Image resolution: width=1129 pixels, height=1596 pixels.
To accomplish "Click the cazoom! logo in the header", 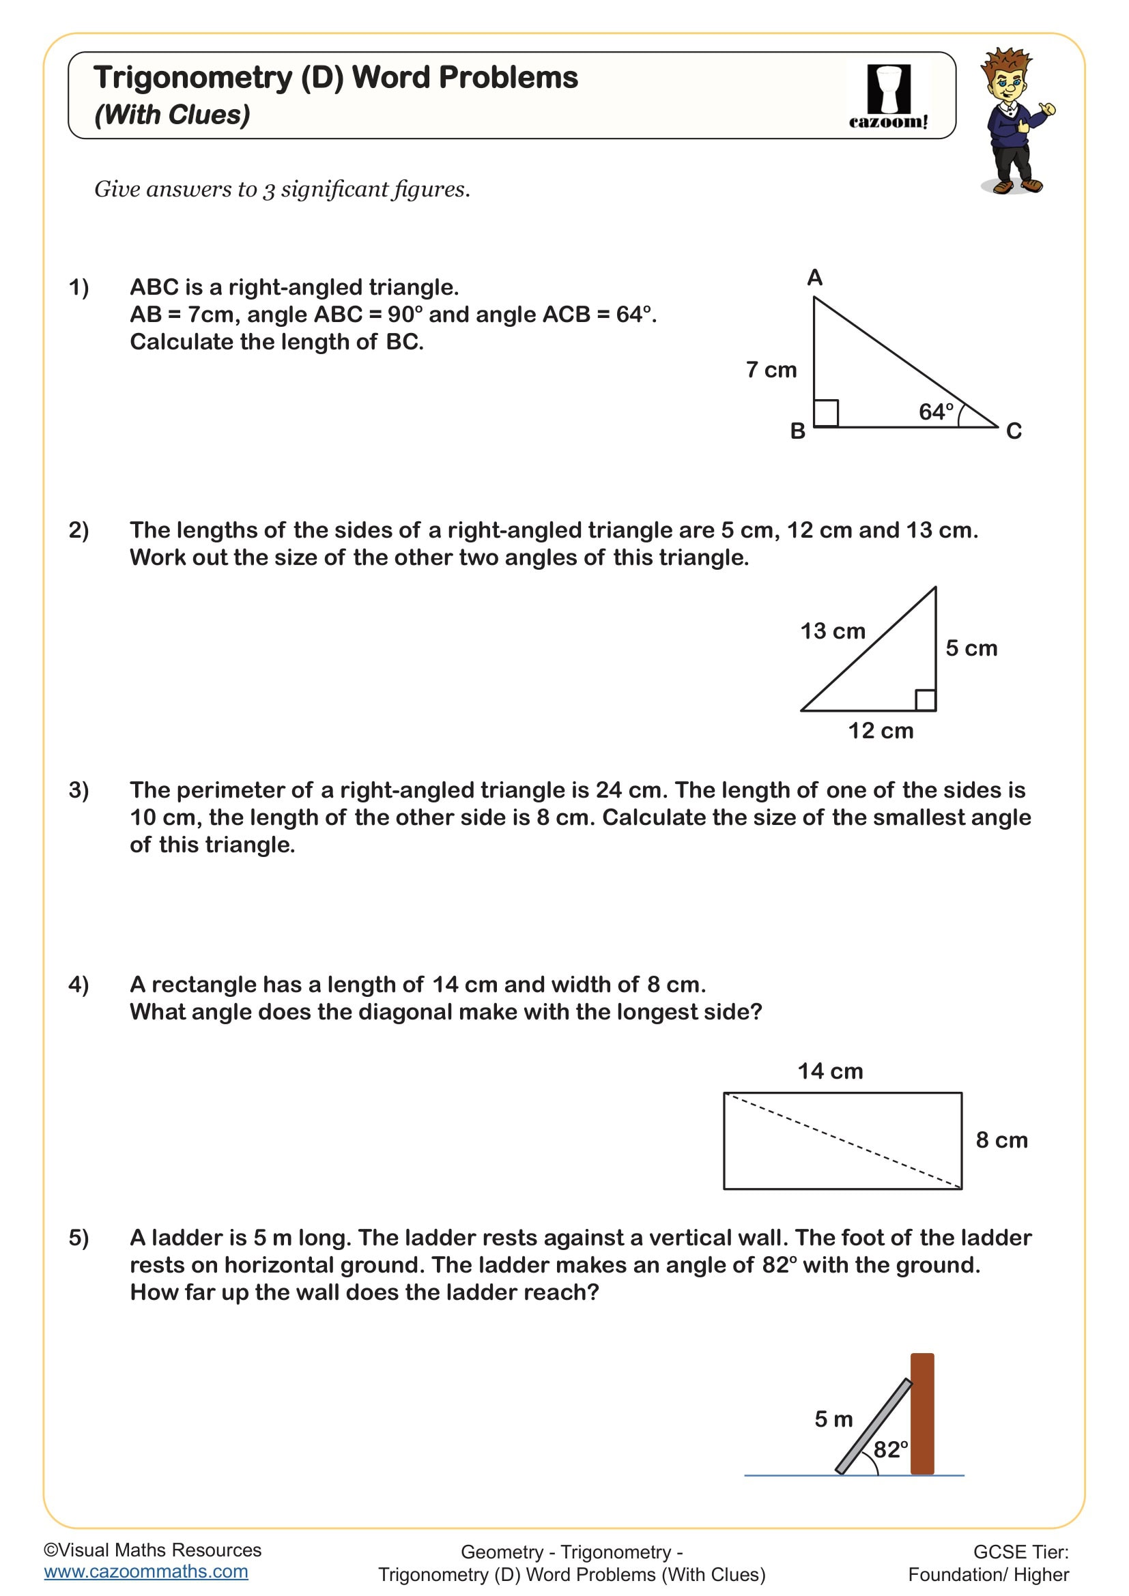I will pos(888,97).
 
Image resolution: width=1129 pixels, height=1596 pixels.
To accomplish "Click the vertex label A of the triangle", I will pos(814,278).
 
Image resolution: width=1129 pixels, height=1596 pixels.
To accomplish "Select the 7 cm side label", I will pos(771,370).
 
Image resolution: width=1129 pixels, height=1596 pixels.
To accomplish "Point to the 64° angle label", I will pos(936,411).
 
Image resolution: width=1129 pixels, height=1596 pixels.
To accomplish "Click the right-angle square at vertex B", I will pos(826,413).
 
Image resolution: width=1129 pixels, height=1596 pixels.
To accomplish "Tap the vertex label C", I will pos(1014,431).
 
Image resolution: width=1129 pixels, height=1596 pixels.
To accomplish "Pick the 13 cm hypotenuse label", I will pos(832,631).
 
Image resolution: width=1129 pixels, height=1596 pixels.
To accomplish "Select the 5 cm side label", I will pos(971,648).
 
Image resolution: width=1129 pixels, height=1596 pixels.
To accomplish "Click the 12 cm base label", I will pos(880,731).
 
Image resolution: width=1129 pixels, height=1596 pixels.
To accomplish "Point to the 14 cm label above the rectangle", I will pos(830,1071).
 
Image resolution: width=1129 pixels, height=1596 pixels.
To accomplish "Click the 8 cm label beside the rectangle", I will pos(1001,1140).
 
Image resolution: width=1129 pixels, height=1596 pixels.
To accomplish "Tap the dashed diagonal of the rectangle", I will pos(842,1142).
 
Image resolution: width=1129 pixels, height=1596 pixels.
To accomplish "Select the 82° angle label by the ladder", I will pos(891,1450).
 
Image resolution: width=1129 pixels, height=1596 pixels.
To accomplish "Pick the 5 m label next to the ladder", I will pos(833,1419).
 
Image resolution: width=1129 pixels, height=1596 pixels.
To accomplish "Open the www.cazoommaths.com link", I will pos(146,1571).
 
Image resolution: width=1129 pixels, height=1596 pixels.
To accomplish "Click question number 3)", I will pos(78,790).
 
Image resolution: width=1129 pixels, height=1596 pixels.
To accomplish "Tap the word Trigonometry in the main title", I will pos(192,77).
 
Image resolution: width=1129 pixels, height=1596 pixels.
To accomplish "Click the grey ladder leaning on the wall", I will pos(873,1426).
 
